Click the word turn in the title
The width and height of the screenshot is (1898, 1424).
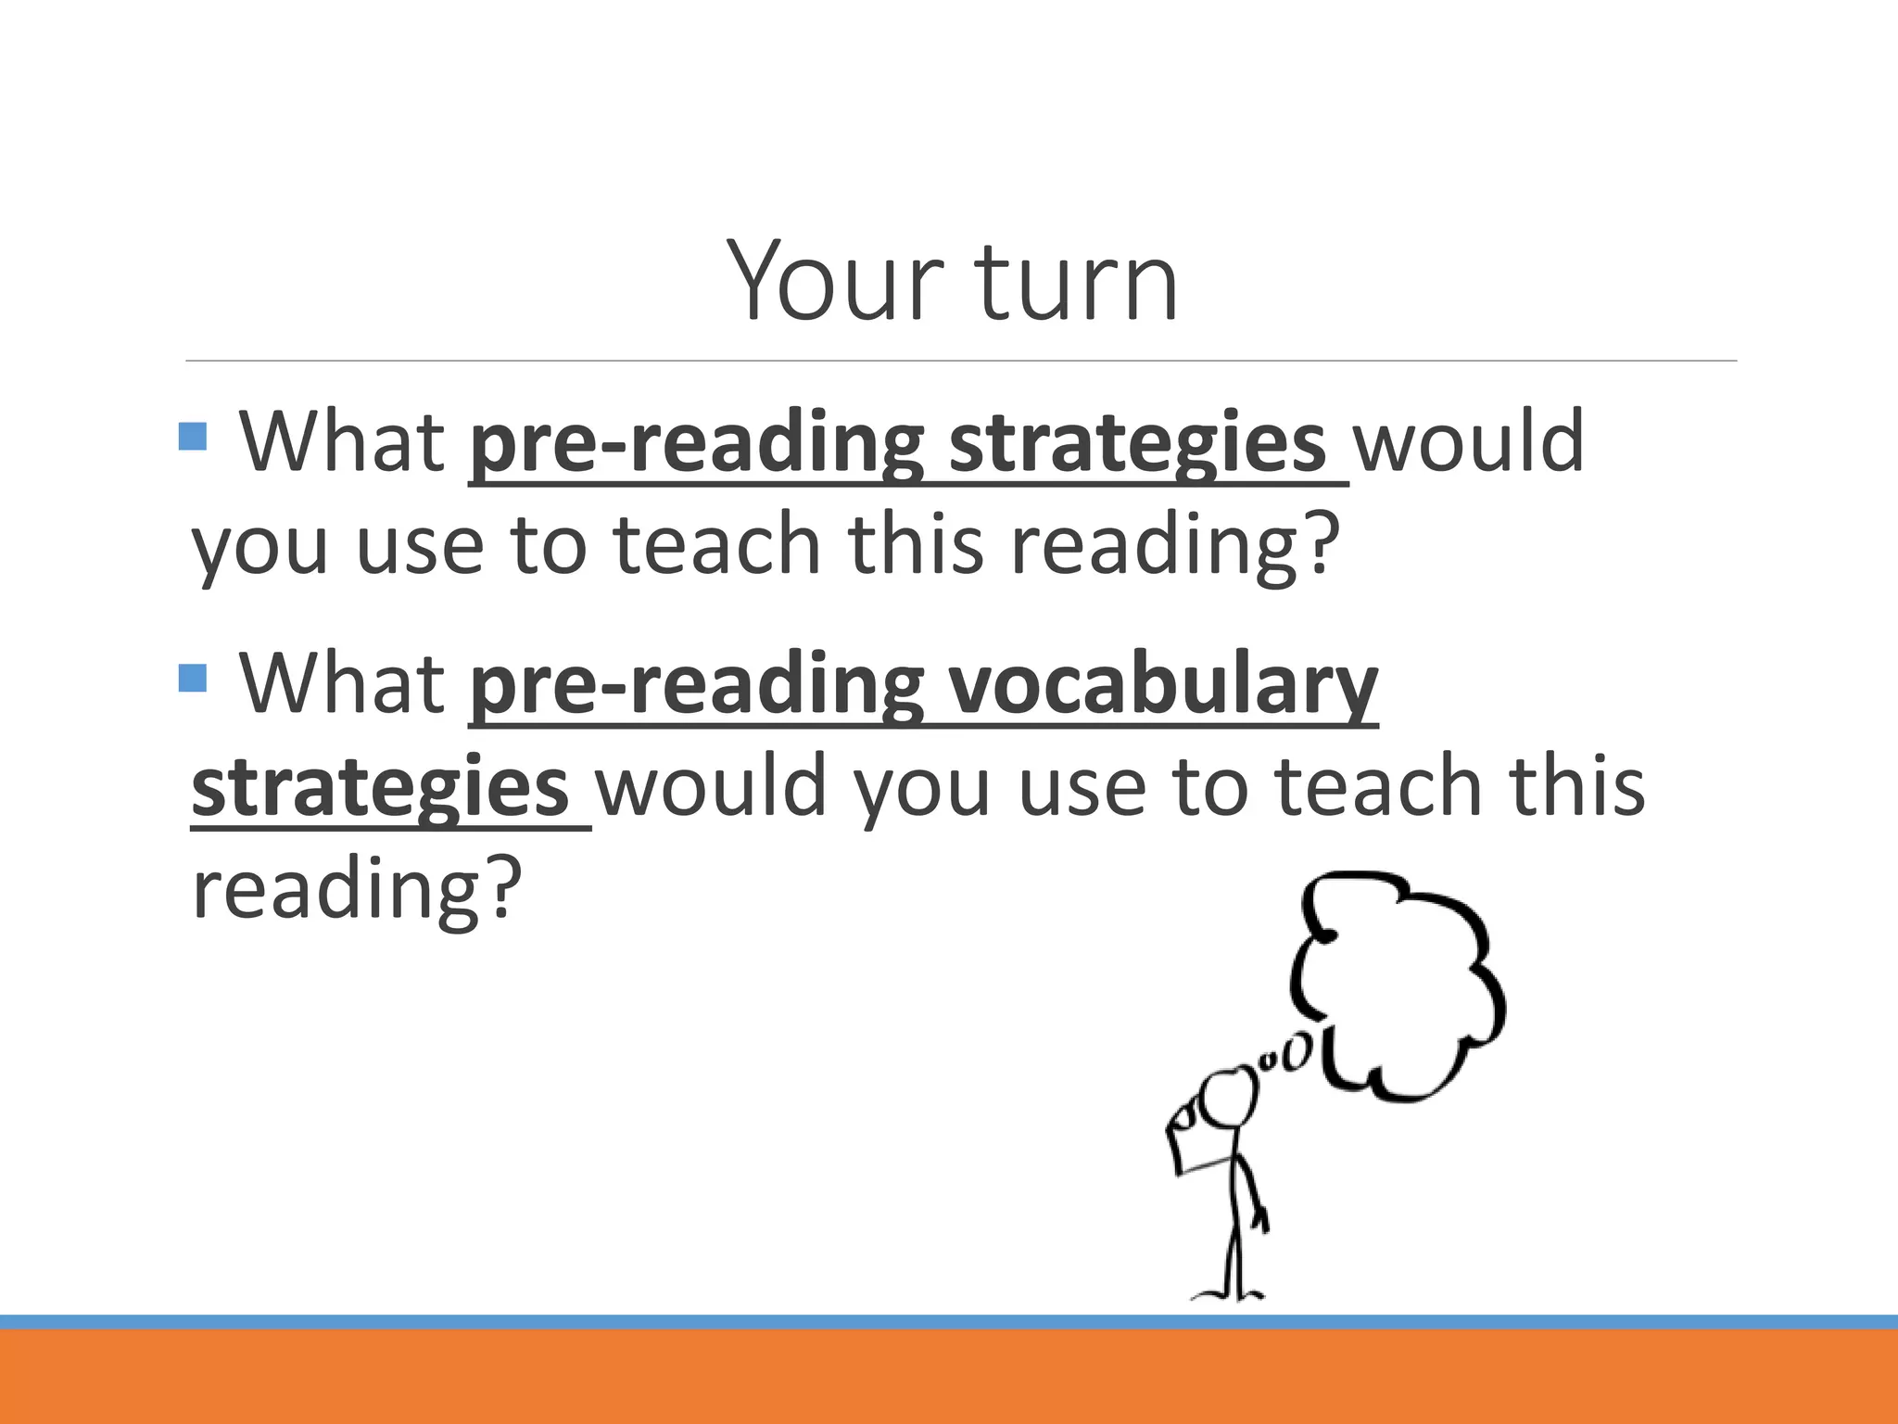coord(1076,281)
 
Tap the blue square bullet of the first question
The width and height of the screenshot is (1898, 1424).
coord(192,436)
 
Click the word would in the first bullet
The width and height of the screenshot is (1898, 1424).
coord(1469,442)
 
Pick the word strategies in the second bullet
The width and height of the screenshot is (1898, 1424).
coord(380,788)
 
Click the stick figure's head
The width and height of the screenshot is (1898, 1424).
coord(1229,1099)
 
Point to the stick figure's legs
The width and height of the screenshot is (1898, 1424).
coord(1234,1252)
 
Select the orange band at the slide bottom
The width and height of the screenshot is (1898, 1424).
coord(949,1378)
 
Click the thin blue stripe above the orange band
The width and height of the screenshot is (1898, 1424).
coord(949,1321)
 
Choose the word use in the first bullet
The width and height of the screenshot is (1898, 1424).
coord(419,547)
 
